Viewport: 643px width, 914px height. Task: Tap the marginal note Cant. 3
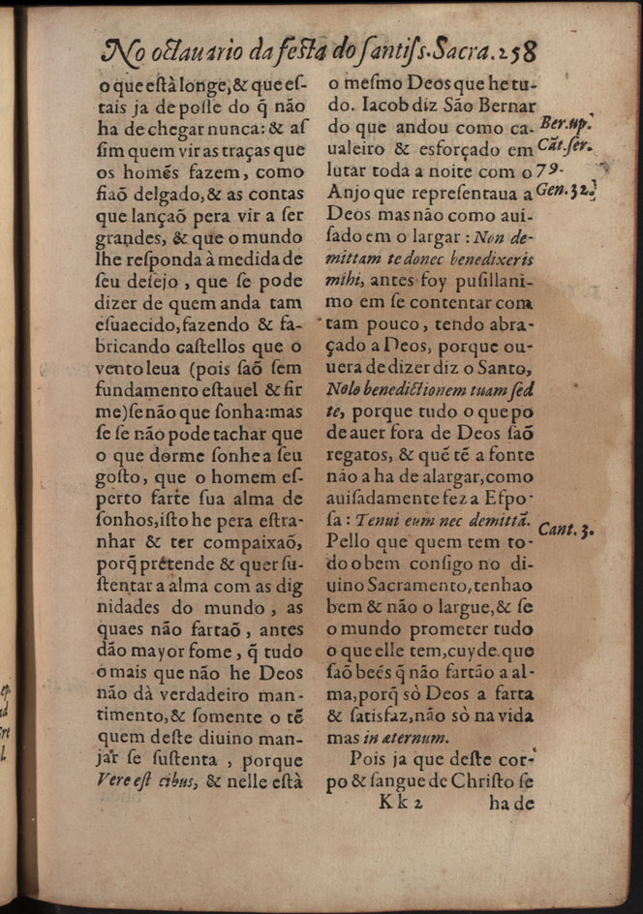(564, 531)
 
